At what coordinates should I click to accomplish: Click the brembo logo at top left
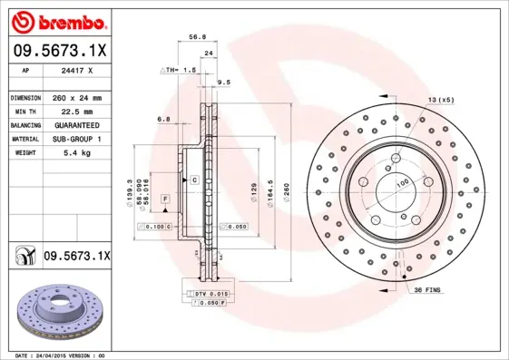coord(57,21)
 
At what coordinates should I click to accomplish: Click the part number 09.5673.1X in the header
coord(59,53)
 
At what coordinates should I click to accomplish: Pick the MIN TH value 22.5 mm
coord(74,111)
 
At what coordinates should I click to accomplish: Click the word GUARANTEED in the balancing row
coord(74,124)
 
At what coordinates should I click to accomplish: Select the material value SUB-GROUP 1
coord(74,139)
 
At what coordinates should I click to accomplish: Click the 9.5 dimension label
coord(224,83)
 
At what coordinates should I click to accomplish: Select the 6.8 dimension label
coord(164,119)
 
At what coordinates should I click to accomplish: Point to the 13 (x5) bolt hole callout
coord(441,99)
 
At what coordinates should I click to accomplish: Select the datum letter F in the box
coord(165,198)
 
